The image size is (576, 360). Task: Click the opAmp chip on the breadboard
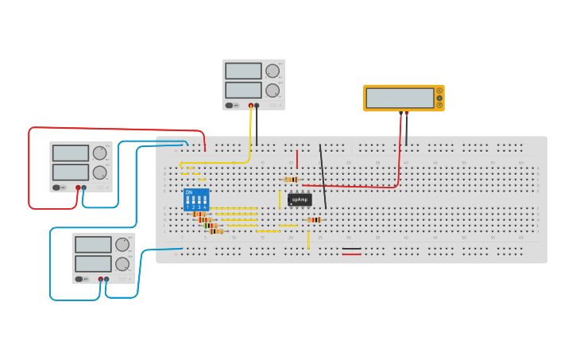point(300,199)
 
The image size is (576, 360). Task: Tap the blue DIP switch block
point(196,199)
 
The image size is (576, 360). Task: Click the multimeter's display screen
point(400,98)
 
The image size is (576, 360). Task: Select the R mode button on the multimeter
point(439,105)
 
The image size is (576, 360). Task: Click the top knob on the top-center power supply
point(273,71)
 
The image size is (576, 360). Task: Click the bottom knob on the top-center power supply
point(273,90)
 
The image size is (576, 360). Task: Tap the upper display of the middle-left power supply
point(71,153)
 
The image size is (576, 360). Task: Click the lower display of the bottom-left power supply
point(93,264)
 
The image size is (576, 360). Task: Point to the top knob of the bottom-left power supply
point(122,245)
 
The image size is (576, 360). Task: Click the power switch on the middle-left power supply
point(57,188)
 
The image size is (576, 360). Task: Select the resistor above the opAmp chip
point(292,180)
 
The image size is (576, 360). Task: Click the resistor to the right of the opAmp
point(315,219)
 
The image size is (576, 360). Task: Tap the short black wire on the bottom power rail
point(351,249)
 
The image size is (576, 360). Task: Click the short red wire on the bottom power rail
point(351,254)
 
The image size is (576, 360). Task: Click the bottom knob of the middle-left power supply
point(99,172)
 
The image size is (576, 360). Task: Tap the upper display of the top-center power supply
point(243,71)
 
